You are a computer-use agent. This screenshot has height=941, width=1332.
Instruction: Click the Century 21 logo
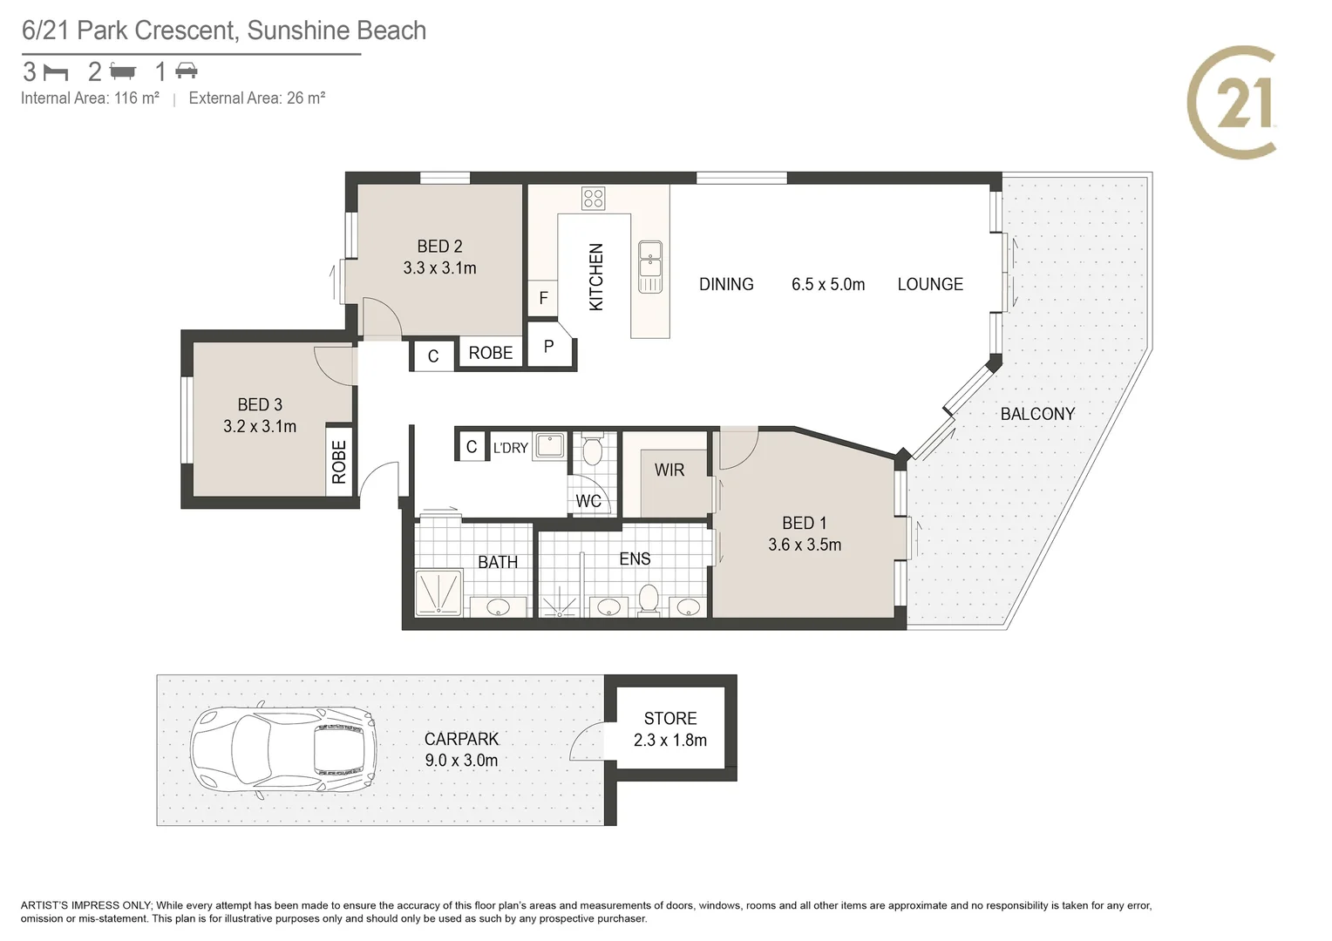(1232, 102)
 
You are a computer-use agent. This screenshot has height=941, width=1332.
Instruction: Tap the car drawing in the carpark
(283, 749)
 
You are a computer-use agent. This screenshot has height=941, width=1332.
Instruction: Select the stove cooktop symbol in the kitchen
(593, 199)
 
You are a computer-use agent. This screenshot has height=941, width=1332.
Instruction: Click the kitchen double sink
(650, 267)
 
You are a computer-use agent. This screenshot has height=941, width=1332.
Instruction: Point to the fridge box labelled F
(543, 298)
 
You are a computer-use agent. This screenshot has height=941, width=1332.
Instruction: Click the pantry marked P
(550, 346)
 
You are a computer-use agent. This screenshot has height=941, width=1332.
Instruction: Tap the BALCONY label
(1037, 414)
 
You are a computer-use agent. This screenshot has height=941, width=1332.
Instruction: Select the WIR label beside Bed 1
(669, 470)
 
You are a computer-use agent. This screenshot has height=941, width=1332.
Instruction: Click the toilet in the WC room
(592, 450)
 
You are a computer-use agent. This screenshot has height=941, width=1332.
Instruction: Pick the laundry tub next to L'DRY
(549, 446)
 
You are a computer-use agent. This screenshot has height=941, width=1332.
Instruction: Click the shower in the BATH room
(438, 592)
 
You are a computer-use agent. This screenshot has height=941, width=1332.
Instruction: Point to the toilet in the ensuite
(649, 599)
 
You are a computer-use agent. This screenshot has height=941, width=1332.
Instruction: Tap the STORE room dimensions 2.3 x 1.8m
(670, 740)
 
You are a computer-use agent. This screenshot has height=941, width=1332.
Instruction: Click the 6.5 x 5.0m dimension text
(828, 284)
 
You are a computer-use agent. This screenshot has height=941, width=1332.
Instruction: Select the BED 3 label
(260, 405)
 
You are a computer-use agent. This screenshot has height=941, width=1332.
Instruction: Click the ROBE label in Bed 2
(491, 353)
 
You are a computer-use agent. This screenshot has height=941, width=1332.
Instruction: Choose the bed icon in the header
(57, 72)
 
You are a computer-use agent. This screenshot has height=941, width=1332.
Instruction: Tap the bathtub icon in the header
(123, 71)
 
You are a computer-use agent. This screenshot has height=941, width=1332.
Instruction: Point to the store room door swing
(587, 741)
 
